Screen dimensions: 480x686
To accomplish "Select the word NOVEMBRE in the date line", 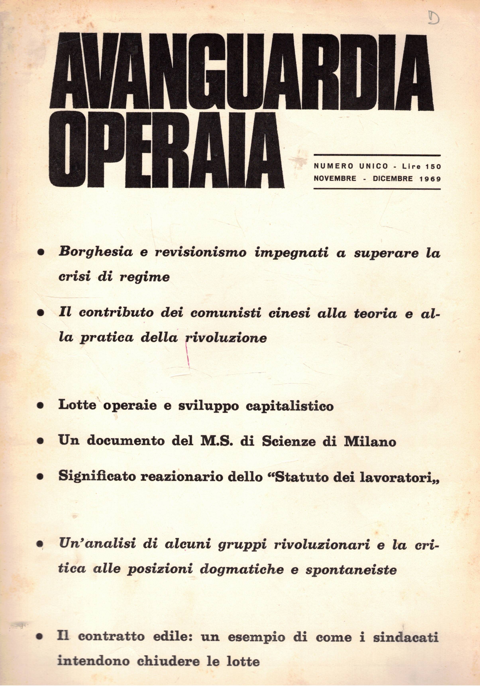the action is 335,179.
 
